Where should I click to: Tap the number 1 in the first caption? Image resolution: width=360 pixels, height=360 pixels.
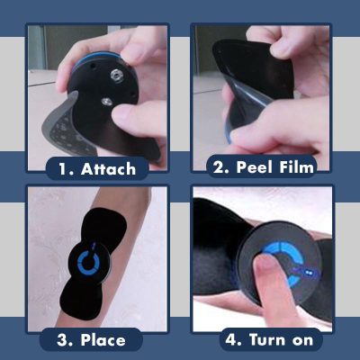[x=63, y=168]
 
